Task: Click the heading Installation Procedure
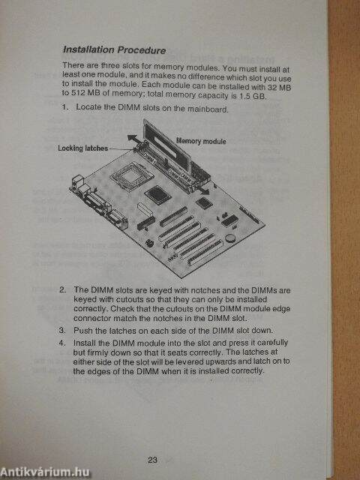click(x=115, y=50)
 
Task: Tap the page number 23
click(x=152, y=460)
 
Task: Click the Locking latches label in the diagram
click(x=83, y=148)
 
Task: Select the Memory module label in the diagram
click(x=201, y=141)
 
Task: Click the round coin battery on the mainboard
click(x=230, y=237)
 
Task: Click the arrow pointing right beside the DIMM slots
click(x=202, y=191)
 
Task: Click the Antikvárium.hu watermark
click(x=45, y=472)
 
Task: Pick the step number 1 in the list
click(x=64, y=107)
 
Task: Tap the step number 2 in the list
click(x=62, y=289)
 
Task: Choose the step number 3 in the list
click(x=62, y=330)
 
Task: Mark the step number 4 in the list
click(x=62, y=343)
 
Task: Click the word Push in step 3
click(x=81, y=330)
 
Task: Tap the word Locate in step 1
click(x=88, y=107)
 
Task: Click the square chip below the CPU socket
click(x=156, y=194)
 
